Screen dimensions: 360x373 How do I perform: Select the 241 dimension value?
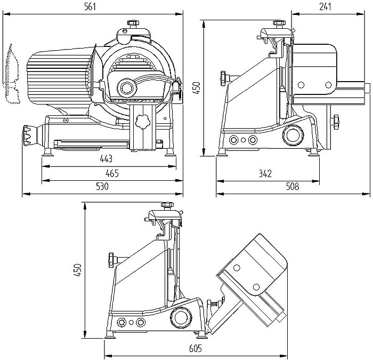click(x=326, y=6)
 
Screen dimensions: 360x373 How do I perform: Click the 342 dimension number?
click(x=265, y=173)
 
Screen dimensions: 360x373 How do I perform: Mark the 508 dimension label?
click(x=292, y=187)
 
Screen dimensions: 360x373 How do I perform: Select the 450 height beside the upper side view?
click(x=196, y=88)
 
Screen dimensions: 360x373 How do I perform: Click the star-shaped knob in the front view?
click(x=142, y=121)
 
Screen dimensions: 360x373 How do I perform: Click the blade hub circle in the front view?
click(x=127, y=86)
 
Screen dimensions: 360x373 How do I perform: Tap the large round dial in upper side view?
click(x=291, y=134)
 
